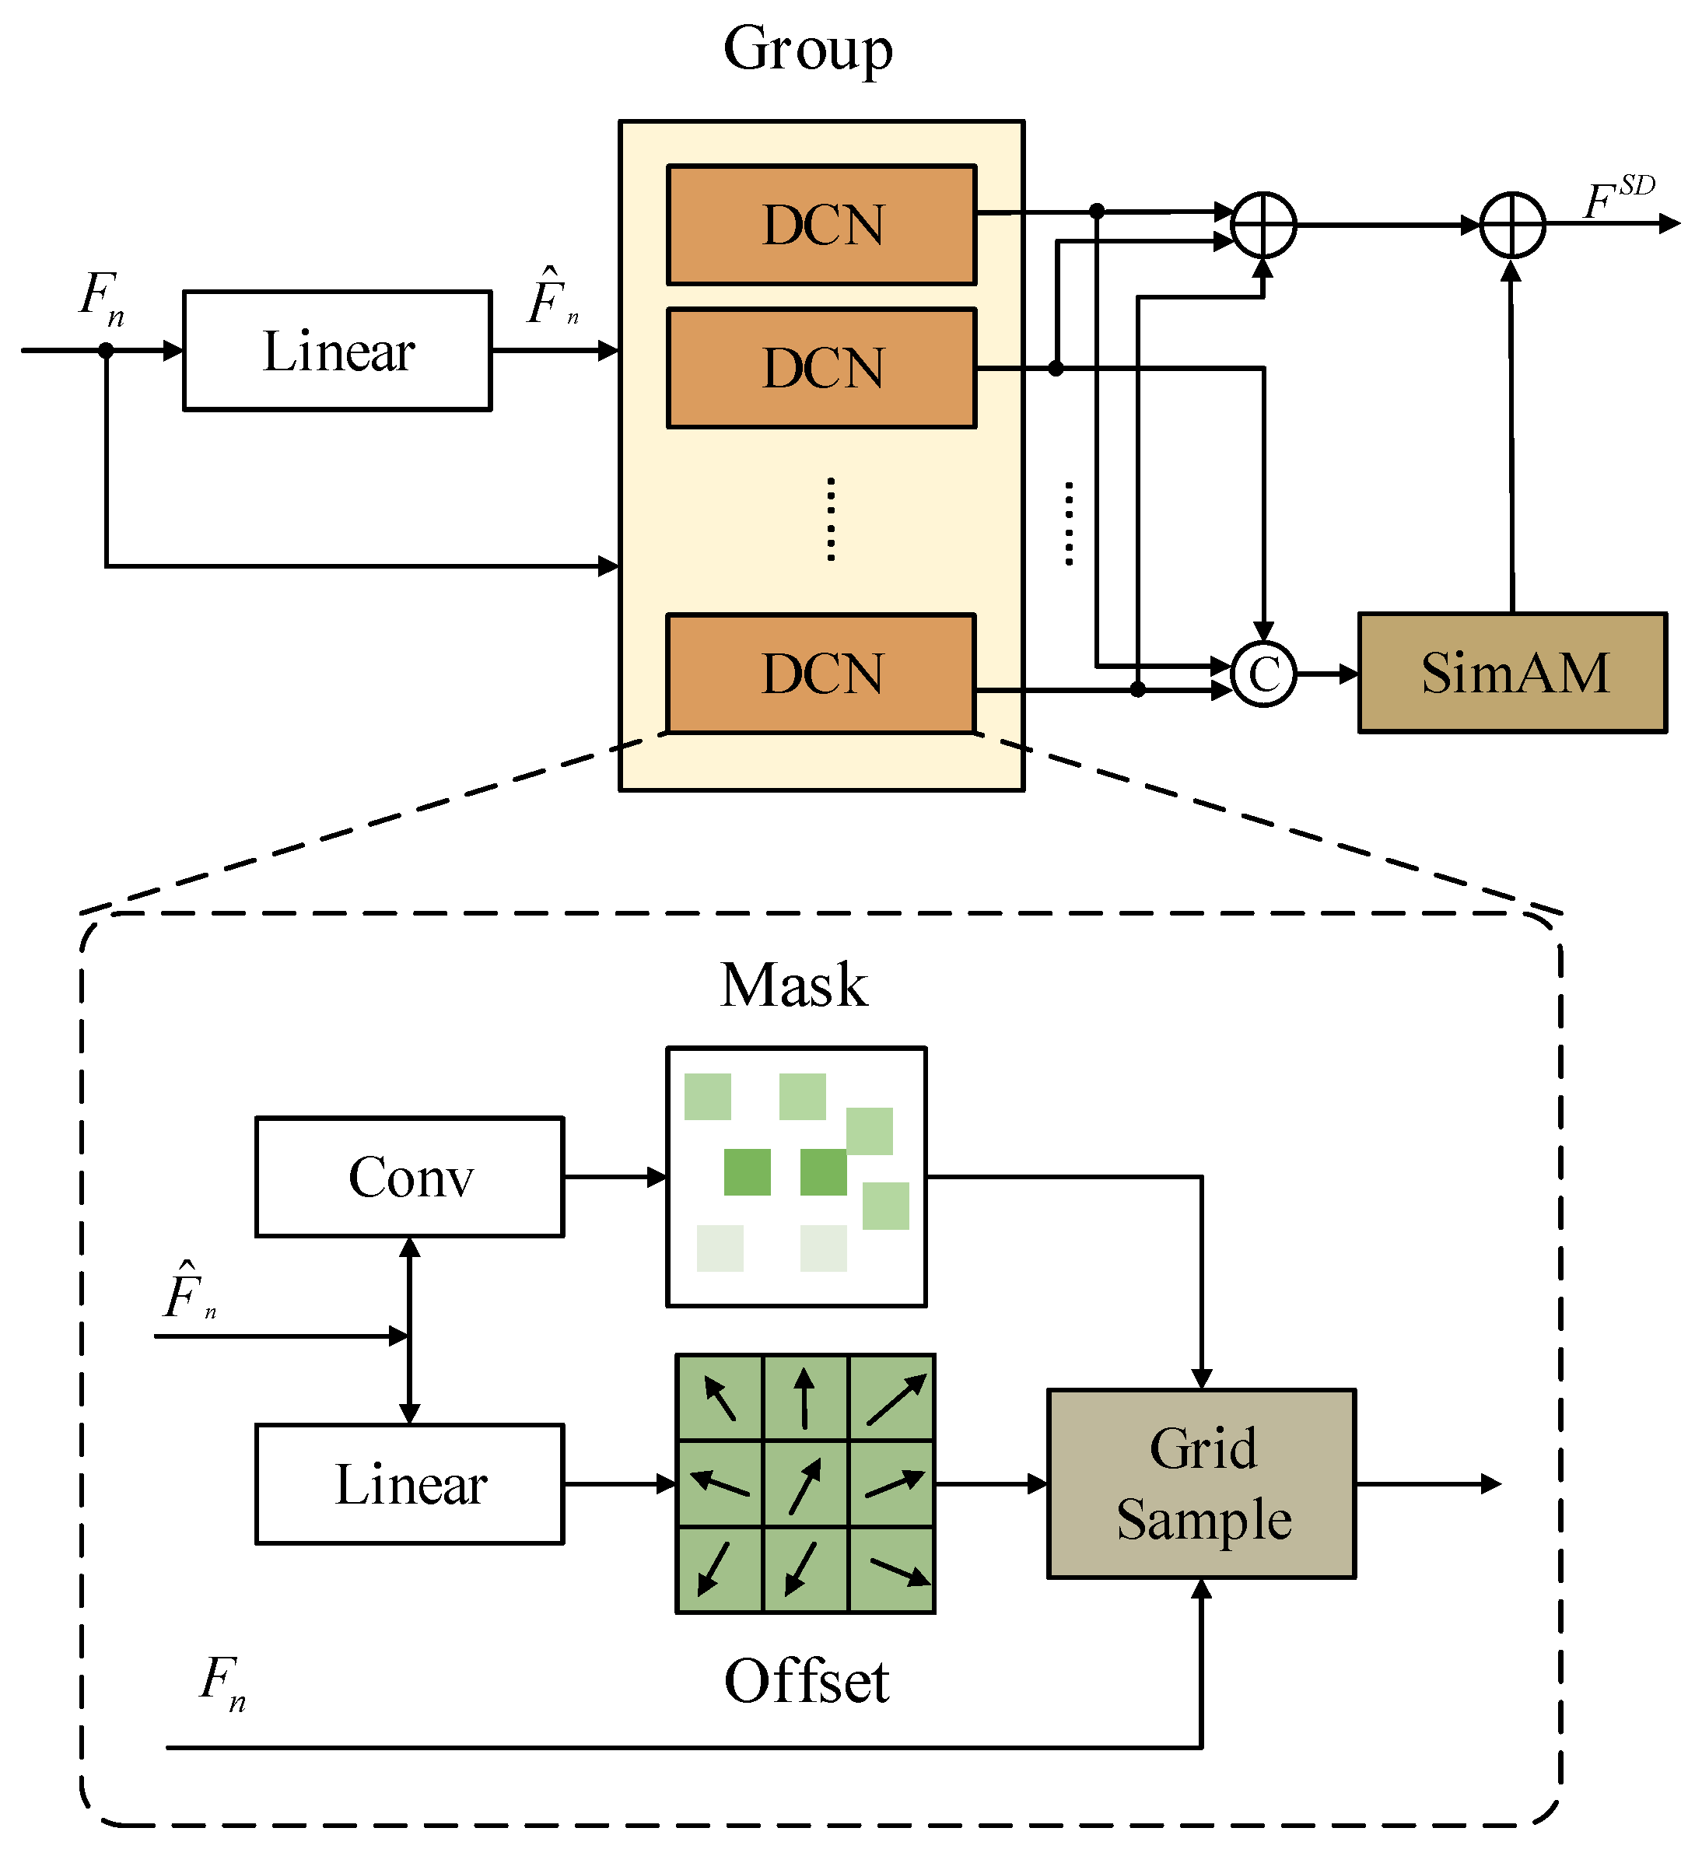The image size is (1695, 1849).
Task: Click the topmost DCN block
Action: click(x=821, y=225)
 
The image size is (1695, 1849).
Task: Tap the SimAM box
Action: click(x=1511, y=673)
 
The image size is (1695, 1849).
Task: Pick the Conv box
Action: click(x=409, y=1178)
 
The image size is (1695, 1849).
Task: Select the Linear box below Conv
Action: click(x=409, y=1485)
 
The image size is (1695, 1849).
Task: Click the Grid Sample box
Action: click(x=1202, y=1484)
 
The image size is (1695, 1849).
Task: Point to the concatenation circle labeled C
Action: click(x=1263, y=674)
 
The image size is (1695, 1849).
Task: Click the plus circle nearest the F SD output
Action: click(x=1512, y=225)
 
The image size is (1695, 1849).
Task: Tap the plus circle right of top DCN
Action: click(x=1263, y=225)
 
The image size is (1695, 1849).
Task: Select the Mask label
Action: click(x=793, y=986)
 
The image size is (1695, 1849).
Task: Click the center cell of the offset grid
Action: click(x=805, y=1485)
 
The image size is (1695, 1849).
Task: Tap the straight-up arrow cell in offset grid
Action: click(x=805, y=1398)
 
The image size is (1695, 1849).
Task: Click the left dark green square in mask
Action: click(x=747, y=1172)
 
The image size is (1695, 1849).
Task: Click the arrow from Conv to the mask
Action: click(x=615, y=1177)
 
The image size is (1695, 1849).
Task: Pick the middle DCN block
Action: click(x=821, y=369)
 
